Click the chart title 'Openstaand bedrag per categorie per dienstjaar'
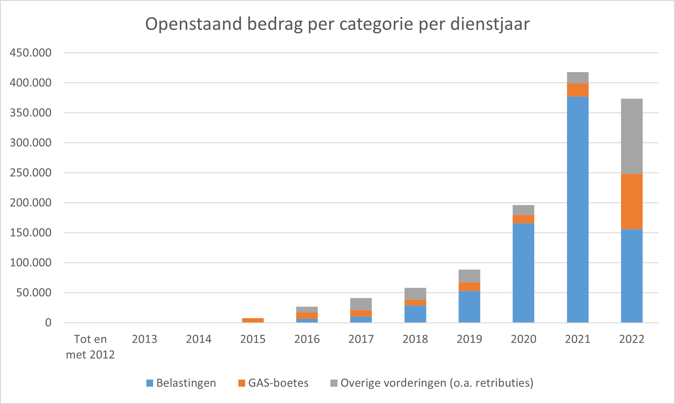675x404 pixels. [337, 24]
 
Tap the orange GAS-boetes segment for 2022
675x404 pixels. [631, 201]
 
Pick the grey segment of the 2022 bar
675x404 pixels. [631, 136]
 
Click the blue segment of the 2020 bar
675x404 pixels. [523, 273]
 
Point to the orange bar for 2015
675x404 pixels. [253, 320]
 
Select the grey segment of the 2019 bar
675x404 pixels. [469, 276]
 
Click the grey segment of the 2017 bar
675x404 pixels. [361, 304]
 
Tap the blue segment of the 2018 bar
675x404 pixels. [415, 314]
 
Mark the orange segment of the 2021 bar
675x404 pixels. [577, 90]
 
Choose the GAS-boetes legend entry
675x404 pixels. [273, 383]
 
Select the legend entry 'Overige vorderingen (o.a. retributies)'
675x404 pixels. [432, 383]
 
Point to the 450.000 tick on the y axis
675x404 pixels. [31, 53]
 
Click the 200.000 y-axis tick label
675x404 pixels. [31, 203]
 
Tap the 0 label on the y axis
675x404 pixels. [48, 323]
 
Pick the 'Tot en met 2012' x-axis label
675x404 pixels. [90, 347]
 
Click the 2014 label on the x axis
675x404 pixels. [199, 339]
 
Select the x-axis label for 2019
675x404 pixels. [469, 339]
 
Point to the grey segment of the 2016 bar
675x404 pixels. [307, 309]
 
